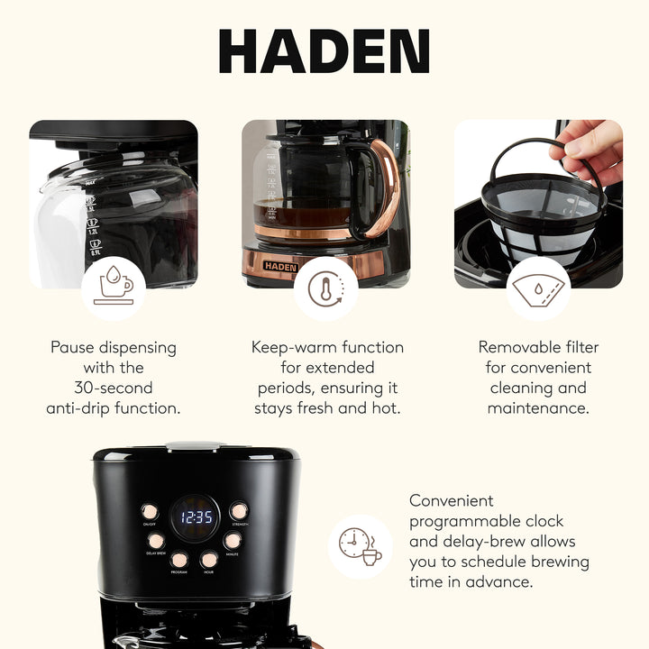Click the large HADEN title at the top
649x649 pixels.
[x=324, y=51]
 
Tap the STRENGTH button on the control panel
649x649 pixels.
[x=238, y=511]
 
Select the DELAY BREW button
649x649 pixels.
[x=156, y=540]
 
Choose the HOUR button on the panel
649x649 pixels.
[x=209, y=559]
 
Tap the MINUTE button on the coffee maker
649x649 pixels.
[x=233, y=540]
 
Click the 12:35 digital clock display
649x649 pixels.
[x=197, y=517]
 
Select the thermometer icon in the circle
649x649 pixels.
[x=325, y=288]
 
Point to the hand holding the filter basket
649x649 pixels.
[x=590, y=149]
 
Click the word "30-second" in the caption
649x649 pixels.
[x=114, y=388]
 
